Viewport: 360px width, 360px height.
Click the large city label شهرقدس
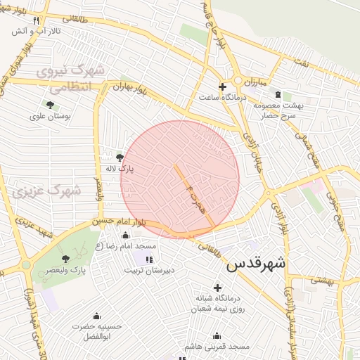click(256, 264)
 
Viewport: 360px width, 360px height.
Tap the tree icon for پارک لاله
click(119, 157)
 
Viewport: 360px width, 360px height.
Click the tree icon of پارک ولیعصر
click(66, 259)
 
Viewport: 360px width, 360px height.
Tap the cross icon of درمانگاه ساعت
click(223, 87)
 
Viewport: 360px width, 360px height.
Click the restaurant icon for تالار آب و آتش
click(36, 20)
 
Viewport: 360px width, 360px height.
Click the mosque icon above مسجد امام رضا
click(126, 236)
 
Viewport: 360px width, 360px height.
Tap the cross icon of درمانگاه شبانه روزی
click(217, 287)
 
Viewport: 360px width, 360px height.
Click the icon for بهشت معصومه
click(278, 94)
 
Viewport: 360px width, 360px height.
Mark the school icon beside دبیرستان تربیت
click(149, 259)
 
